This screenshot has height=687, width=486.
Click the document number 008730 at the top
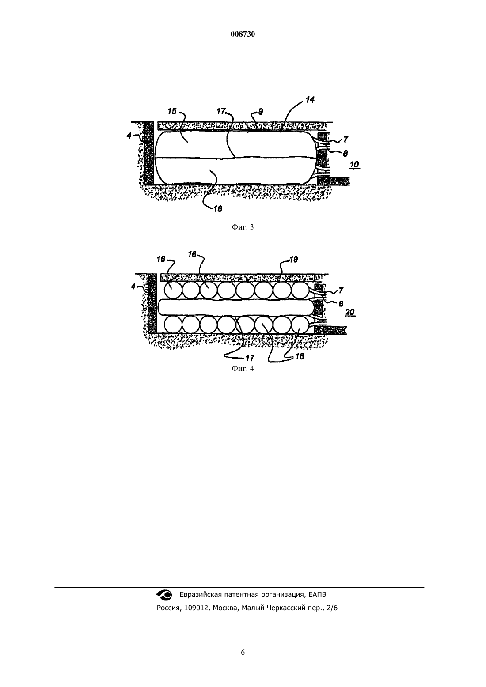[x=243, y=34]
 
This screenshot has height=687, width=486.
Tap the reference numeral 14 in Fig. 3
[x=310, y=100]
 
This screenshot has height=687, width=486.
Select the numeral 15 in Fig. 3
[x=172, y=111]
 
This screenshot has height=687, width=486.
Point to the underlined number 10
[x=354, y=164]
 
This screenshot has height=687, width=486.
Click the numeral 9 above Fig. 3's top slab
[x=261, y=111]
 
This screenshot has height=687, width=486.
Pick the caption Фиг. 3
[x=243, y=227]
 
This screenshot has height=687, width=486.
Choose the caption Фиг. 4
[x=243, y=368]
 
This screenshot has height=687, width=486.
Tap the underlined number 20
[x=350, y=312]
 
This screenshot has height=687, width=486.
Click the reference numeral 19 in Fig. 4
[x=293, y=260]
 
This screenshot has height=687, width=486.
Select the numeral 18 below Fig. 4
[x=299, y=356]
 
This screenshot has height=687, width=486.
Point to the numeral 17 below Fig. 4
[x=250, y=358]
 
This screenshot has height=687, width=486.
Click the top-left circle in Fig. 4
[x=173, y=290]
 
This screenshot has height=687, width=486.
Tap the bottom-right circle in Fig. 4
[x=300, y=325]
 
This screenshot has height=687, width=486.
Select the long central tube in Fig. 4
[x=236, y=307]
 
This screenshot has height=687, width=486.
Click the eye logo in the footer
[x=164, y=595]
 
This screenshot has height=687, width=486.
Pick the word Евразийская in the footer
[x=200, y=595]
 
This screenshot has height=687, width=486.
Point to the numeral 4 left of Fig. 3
[x=129, y=135]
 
